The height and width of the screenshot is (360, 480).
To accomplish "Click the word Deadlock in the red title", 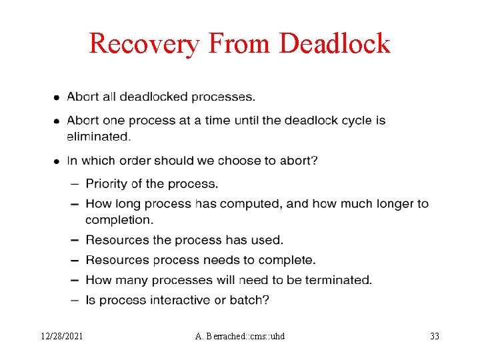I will [335, 44].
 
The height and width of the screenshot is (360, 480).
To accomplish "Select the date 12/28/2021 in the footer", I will [61, 336].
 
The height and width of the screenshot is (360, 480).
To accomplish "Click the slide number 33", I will [435, 336].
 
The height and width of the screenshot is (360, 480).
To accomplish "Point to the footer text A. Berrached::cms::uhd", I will [240, 336].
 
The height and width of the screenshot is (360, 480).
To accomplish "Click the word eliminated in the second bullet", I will [98, 137].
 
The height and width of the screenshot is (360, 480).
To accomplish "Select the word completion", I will [119, 219].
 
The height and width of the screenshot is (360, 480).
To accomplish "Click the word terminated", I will [338, 280].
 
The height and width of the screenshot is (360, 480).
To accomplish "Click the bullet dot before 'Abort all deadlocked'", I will [57, 97].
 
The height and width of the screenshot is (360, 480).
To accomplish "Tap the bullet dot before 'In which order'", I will [57, 161].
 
